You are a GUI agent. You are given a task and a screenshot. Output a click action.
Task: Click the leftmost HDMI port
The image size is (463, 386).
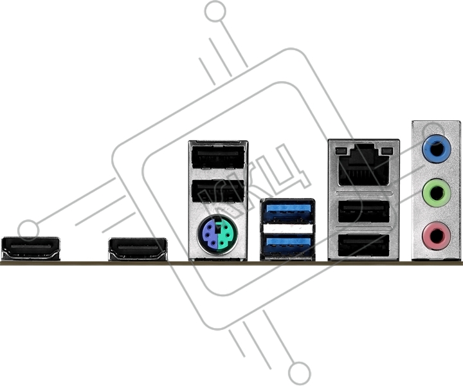click(x=31, y=249)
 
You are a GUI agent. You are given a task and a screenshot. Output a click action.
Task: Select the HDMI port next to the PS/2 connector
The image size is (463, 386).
click(x=138, y=249)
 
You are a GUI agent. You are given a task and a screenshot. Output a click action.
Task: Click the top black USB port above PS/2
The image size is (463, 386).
click(x=218, y=158)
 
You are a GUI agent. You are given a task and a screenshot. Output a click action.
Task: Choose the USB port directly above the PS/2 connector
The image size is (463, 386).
click(x=218, y=191)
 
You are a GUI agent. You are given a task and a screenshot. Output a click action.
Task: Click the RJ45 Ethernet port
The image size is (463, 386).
click(x=364, y=165)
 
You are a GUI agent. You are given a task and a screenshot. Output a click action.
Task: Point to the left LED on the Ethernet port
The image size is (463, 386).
click(x=340, y=151)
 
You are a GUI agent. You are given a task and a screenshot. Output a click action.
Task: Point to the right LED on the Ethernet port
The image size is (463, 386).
click(x=387, y=151)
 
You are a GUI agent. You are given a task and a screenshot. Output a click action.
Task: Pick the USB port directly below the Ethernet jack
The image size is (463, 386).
click(x=364, y=212)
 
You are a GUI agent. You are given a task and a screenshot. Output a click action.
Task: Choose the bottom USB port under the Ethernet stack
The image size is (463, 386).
click(x=364, y=245)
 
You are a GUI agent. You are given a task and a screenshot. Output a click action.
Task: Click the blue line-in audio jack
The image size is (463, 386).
click(x=437, y=149)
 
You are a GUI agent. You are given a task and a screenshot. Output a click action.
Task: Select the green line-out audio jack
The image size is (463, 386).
click(x=437, y=193)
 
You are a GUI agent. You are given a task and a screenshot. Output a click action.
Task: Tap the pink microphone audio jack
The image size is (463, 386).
click(x=437, y=236)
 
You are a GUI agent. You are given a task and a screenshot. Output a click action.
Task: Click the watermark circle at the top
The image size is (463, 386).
click(x=215, y=11)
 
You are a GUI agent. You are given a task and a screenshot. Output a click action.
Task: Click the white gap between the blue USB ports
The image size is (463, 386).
click(x=287, y=228)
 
